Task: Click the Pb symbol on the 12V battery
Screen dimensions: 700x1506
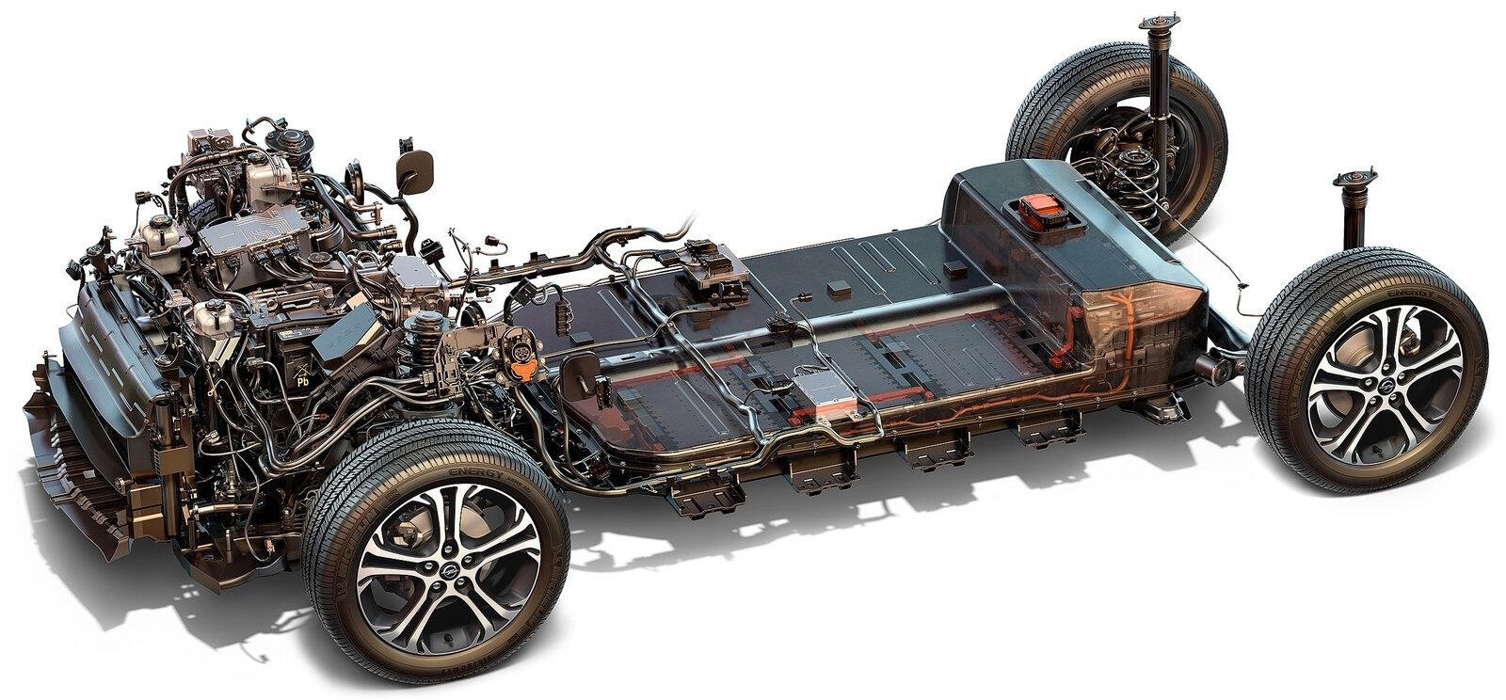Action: click(302, 383)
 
